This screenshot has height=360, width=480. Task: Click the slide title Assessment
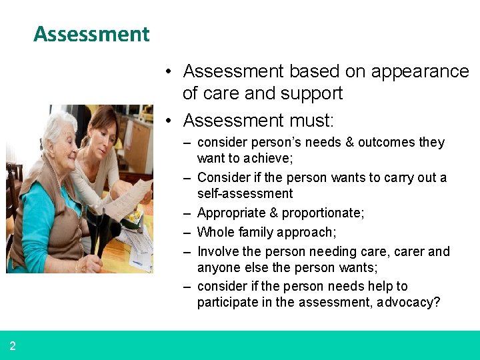point(91,34)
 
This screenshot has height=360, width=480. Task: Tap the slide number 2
point(13,346)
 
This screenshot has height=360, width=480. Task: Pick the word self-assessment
point(245,194)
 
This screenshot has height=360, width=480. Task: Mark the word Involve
point(219,252)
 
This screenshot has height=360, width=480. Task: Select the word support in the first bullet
point(311,93)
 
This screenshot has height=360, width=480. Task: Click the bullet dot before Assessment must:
point(171,121)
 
